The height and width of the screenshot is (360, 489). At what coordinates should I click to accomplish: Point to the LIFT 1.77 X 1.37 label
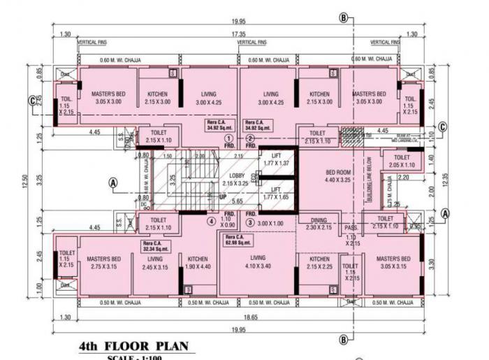(x=277, y=159)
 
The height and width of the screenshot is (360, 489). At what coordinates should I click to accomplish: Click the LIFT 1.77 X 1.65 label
(x=277, y=193)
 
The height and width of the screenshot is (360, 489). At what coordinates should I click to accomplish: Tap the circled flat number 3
(x=249, y=222)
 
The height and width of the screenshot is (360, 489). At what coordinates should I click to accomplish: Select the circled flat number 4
(x=210, y=222)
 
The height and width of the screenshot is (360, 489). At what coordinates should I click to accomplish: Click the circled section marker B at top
(x=343, y=17)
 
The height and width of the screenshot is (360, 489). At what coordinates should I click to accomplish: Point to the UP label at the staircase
(x=224, y=198)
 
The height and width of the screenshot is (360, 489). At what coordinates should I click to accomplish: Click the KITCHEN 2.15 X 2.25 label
(x=319, y=263)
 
